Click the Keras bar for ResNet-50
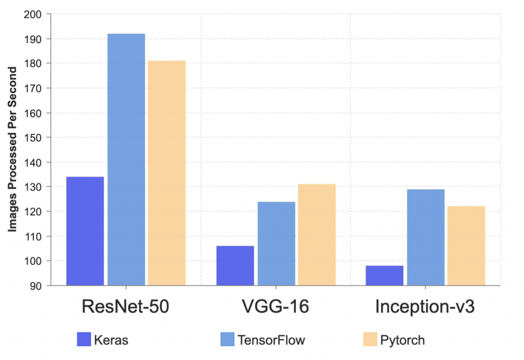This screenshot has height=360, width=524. point(85,231)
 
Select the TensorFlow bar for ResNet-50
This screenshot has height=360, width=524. point(126,159)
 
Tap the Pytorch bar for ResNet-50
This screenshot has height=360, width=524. point(167,173)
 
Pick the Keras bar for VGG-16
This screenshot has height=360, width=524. point(235,265)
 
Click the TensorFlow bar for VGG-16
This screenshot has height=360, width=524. point(276,243)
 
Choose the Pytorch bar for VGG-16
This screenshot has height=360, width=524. point(317,234)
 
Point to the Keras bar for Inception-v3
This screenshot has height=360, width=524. point(384,275)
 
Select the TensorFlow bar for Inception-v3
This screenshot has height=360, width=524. point(426,237)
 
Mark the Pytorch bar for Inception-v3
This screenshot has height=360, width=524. point(466,245)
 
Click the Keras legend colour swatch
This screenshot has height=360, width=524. point(83,340)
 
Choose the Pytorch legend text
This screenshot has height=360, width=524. point(402,340)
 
